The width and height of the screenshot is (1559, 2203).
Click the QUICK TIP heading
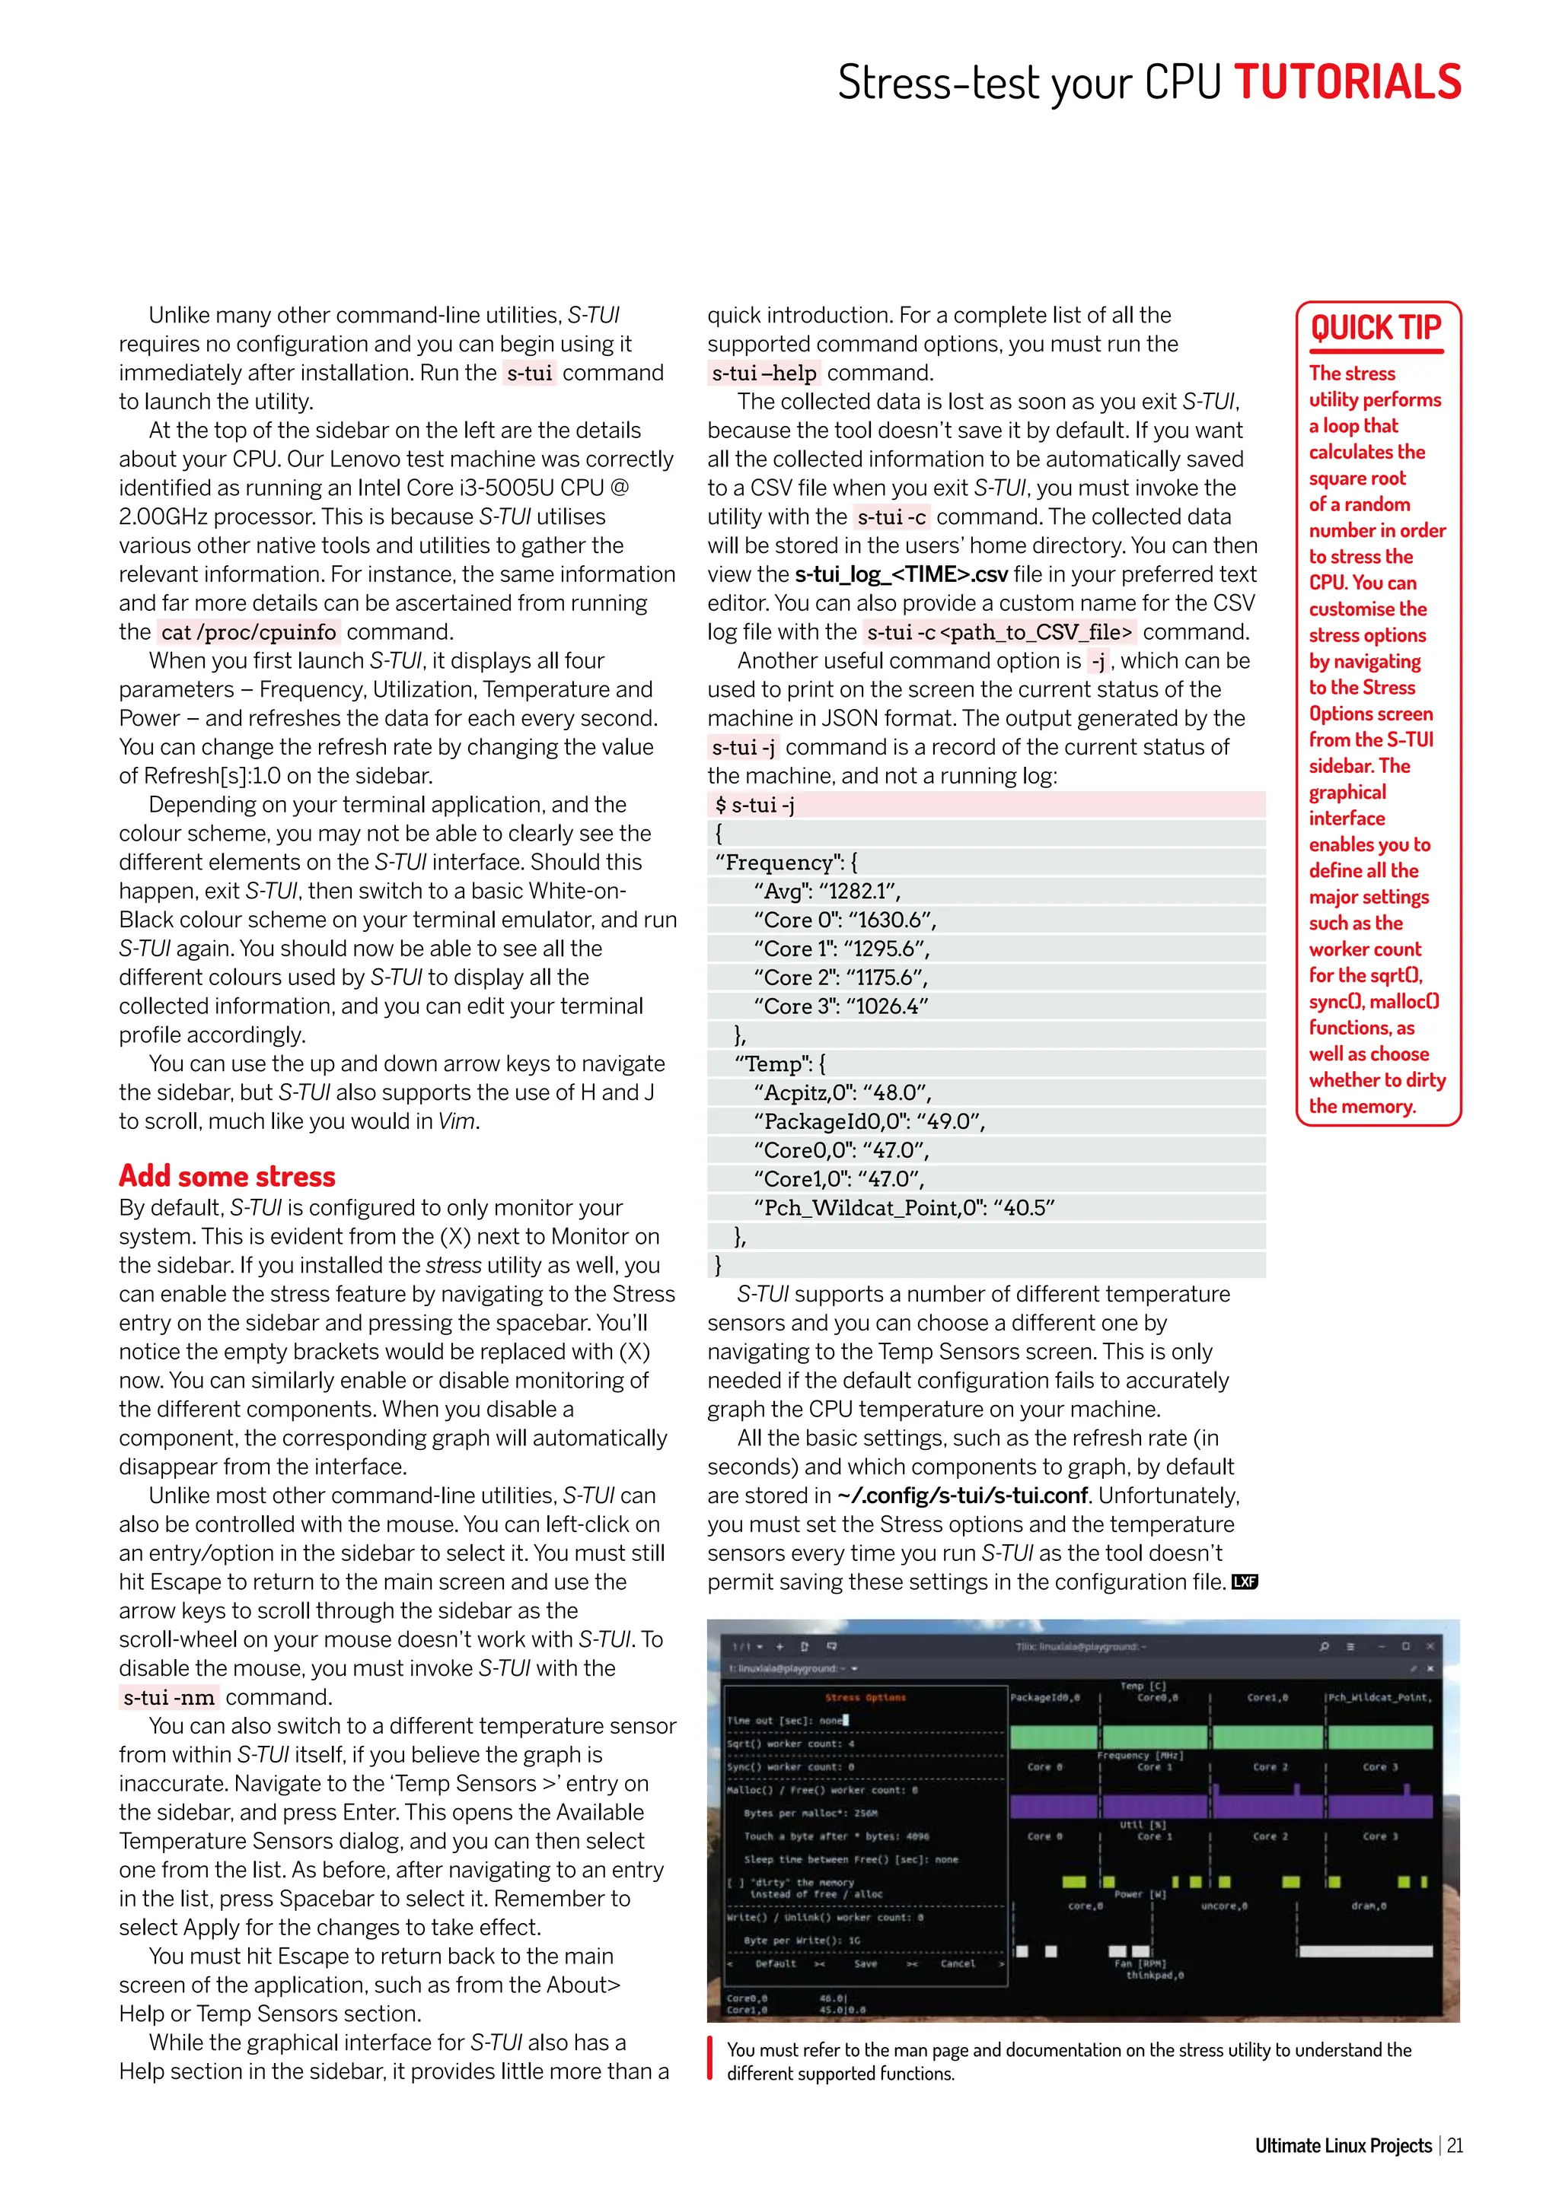tap(1376, 328)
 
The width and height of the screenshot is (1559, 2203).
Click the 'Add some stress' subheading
tap(227, 1176)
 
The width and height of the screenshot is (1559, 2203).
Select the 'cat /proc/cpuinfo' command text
tap(249, 632)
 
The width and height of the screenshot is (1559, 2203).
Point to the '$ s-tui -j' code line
tap(754, 805)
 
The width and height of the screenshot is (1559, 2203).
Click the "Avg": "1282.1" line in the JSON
tap(827, 892)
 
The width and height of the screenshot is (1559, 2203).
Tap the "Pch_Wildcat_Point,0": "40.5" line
tap(904, 1208)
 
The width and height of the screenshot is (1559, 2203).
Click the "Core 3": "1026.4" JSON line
tap(841, 1006)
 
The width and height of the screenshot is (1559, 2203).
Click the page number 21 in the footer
tap(1455, 2145)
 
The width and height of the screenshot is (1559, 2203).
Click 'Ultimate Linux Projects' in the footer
tap(1343, 2145)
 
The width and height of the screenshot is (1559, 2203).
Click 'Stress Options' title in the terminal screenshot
tap(865, 1697)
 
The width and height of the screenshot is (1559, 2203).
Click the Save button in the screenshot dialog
tap(865, 1963)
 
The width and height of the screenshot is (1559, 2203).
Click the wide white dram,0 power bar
tap(1365, 1950)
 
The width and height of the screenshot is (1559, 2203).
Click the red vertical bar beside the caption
tap(710, 2061)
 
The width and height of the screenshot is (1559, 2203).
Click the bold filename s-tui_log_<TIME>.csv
tap(901, 575)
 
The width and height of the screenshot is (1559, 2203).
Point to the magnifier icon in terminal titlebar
tap(1324, 1646)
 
